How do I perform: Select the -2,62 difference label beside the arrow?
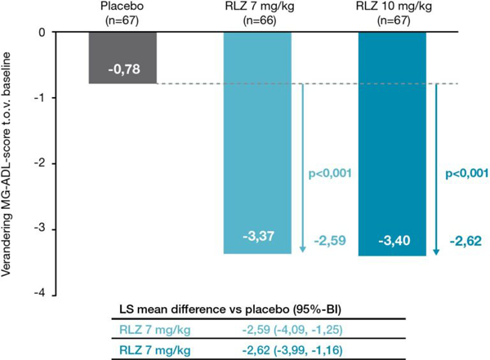tap(465, 242)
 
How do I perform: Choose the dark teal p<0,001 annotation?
tap(467, 173)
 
